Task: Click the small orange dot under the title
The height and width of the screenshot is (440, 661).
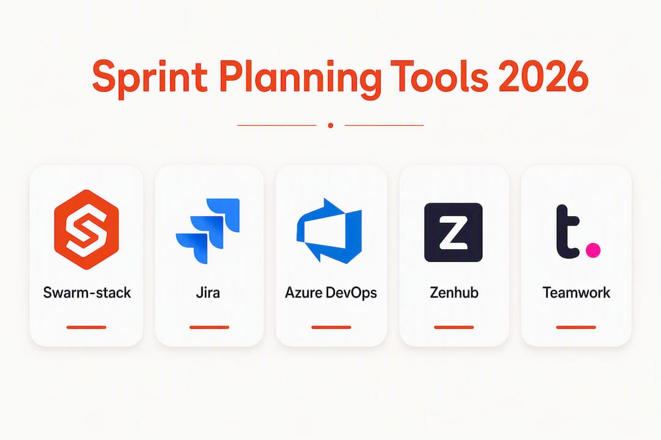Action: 330,125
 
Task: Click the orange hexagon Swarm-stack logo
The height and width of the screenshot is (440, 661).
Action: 86,229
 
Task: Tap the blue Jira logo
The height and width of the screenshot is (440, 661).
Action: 208,231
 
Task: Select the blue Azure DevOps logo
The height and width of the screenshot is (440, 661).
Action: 329,230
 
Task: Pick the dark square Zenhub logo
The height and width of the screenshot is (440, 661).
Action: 453,232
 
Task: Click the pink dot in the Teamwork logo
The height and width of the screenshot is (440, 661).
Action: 593,250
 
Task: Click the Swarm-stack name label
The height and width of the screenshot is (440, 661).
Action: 87,292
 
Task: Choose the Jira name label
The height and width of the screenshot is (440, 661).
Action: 208,292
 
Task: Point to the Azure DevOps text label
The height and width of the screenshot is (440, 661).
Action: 331,293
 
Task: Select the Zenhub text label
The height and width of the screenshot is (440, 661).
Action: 454,292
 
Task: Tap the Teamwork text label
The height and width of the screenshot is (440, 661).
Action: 577,292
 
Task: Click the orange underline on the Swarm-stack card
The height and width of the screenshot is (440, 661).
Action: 86,327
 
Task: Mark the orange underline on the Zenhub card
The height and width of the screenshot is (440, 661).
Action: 454,327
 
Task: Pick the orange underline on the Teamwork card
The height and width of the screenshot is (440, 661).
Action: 576,327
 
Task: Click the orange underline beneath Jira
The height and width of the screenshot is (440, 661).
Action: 209,327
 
